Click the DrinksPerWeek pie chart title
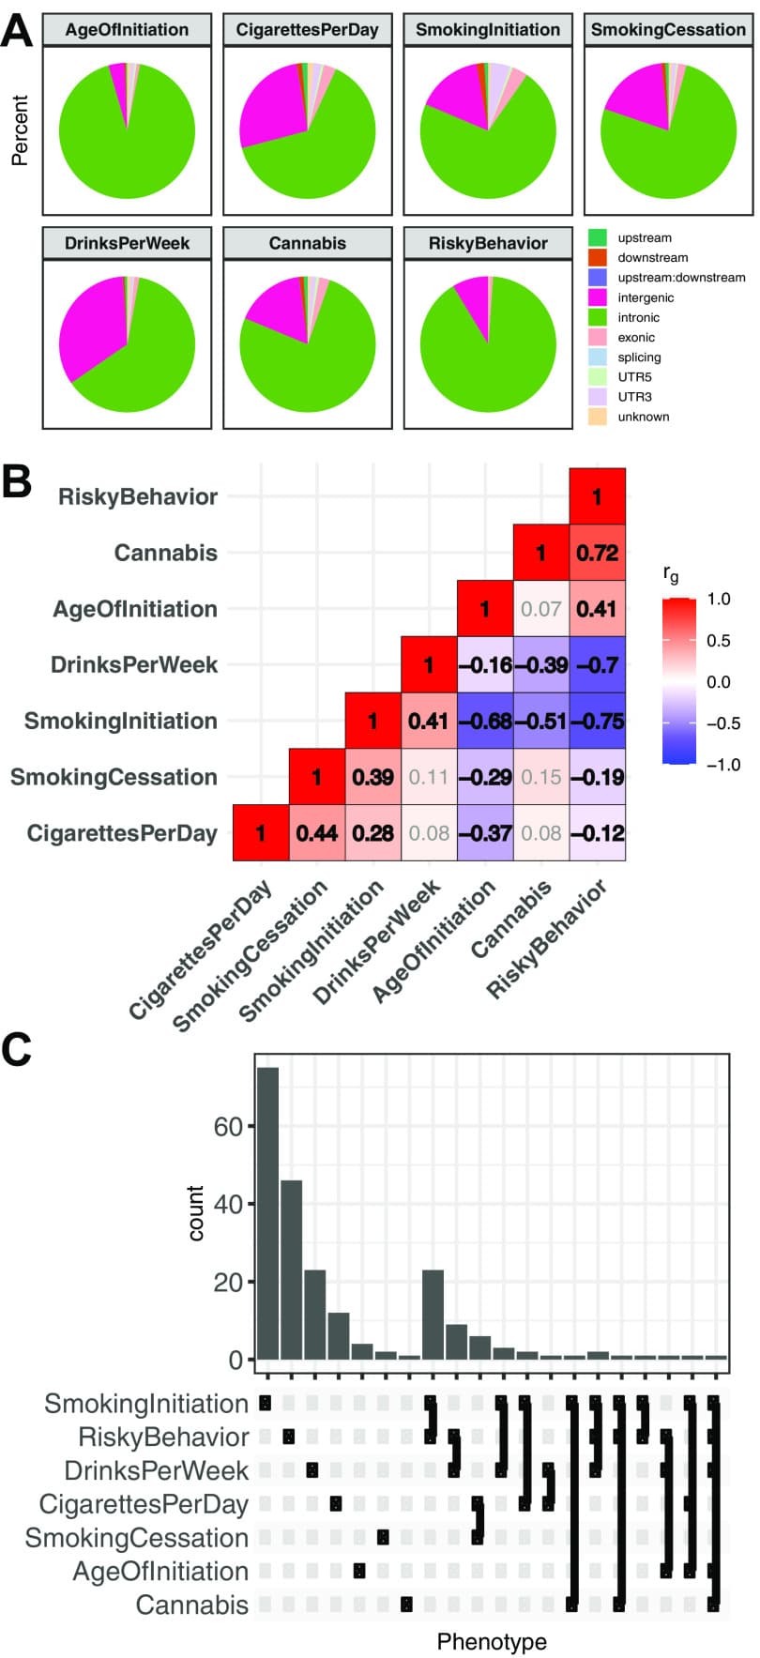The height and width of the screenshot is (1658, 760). (x=127, y=243)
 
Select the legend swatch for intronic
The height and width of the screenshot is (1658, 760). (x=597, y=317)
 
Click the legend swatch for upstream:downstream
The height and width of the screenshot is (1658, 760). (x=597, y=278)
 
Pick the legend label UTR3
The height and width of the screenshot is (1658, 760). (x=634, y=397)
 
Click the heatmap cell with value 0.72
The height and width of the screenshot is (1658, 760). (x=598, y=553)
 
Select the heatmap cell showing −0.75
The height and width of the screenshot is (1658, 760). (x=598, y=721)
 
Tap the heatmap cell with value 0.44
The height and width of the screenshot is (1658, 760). (x=317, y=833)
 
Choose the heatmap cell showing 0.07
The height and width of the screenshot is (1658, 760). (x=541, y=609)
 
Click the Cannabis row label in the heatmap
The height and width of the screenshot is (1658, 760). (x=166, y=553)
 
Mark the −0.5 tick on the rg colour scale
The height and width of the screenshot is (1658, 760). (x=722, y=723)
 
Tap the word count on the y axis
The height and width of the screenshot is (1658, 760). (x=196, y=1212)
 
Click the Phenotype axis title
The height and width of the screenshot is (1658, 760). (x=492, y=1641)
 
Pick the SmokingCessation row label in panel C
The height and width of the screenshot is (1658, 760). (x=137, y=1538)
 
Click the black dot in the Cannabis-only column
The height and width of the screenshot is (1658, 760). (x=406, y=1605)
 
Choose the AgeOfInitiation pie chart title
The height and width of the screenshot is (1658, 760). (x=127, y=29)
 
